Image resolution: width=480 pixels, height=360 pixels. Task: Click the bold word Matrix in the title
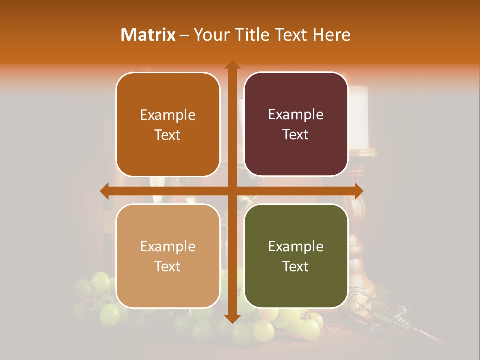tap(148, 35)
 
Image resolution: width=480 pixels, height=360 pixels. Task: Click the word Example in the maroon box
tap(296, 114)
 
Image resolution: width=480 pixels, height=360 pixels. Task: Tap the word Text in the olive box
tap(296, 266)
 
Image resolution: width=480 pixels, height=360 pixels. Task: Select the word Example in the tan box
tap(168, 246)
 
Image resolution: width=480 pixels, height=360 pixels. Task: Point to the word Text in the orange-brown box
tap(168, 135)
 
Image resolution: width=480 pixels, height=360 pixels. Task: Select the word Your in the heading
tap(210, 35)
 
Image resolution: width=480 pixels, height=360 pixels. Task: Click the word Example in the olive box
tap(296, 246)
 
